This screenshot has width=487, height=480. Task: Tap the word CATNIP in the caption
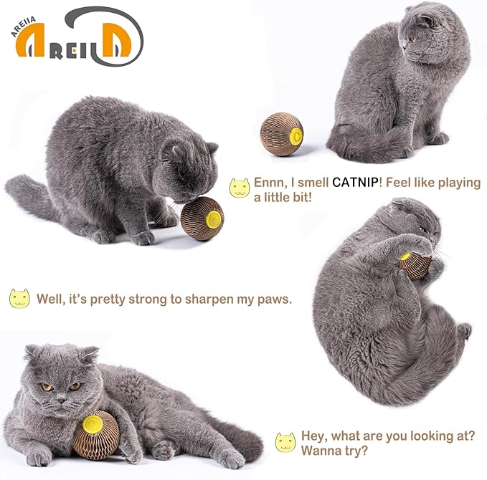click(357, 183)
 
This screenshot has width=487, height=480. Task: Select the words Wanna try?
click(327, 451)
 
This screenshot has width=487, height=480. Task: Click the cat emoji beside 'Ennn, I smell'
click(239, 188)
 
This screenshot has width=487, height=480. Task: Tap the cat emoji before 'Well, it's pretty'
click(19, 298)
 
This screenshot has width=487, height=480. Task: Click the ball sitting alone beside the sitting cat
click(281, 134)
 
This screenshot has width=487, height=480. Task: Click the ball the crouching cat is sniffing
click(202, 219)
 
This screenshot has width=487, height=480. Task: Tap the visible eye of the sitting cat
click(413, 39)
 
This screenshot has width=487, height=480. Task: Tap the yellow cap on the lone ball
click(295, 133)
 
